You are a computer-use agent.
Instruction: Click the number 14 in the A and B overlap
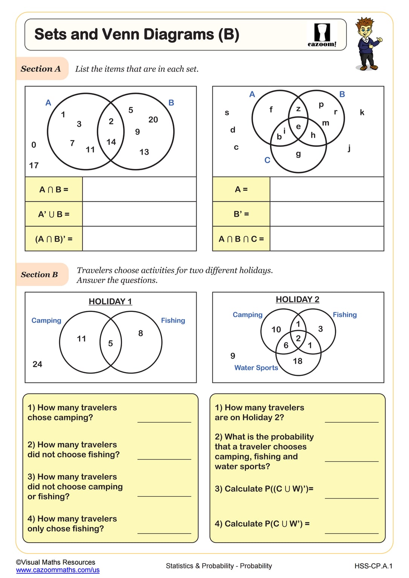click(111, 142)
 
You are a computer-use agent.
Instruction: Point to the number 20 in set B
click(153, 120)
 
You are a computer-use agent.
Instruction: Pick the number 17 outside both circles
click(34, 166)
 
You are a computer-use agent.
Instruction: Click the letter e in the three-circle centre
click(298, 126)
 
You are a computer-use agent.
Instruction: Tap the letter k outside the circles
click(362, 112)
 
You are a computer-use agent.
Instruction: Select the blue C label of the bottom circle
click(267, 160)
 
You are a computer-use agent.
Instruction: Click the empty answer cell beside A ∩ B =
click(139, 189)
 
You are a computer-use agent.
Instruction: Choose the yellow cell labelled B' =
click(241, 214)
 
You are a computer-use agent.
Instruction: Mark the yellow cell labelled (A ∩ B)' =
click(53, 239)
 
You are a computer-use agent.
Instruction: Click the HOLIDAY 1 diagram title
click(110, 301)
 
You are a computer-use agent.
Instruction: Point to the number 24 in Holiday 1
click(37, 364)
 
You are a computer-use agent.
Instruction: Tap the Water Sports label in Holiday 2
click(256, 368)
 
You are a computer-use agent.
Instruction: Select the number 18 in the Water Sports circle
click(298, 361)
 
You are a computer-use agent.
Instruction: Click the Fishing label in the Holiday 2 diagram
click(345, 315)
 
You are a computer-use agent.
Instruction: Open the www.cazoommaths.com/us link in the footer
click(58, 570)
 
